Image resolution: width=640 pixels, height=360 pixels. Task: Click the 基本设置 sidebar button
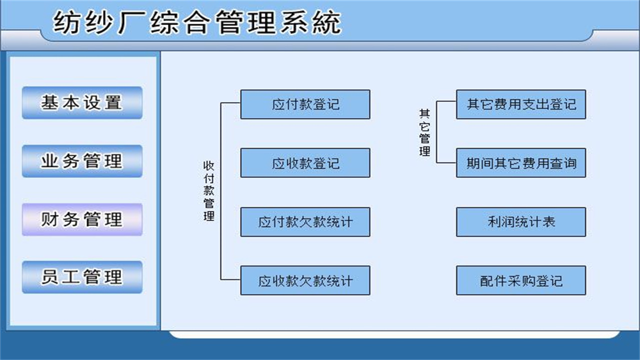pos(82,103)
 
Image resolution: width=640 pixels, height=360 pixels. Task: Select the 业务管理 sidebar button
pos(82,161)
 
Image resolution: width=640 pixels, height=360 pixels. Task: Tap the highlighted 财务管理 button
pos(82,219)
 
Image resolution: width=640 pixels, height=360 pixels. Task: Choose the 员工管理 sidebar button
pos(82,277)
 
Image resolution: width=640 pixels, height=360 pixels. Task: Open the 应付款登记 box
pos(305,104)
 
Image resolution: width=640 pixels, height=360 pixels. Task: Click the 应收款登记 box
pos(305,163)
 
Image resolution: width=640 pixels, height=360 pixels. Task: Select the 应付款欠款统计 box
pos(305,222)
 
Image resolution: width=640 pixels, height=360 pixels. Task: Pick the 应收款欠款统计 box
pos(305,280)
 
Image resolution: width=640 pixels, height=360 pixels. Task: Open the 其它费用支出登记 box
pos(521,104)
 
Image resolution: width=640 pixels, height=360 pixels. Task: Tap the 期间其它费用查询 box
pos(521,163)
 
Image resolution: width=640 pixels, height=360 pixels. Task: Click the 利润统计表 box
pos(521,222)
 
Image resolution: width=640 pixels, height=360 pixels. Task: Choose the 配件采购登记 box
pos(521,280)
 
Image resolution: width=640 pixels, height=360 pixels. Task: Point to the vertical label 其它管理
pos(424,133)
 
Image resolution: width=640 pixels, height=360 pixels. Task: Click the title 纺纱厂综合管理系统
pos(197,23)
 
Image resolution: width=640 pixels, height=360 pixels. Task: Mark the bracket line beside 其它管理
pos(436,133)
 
